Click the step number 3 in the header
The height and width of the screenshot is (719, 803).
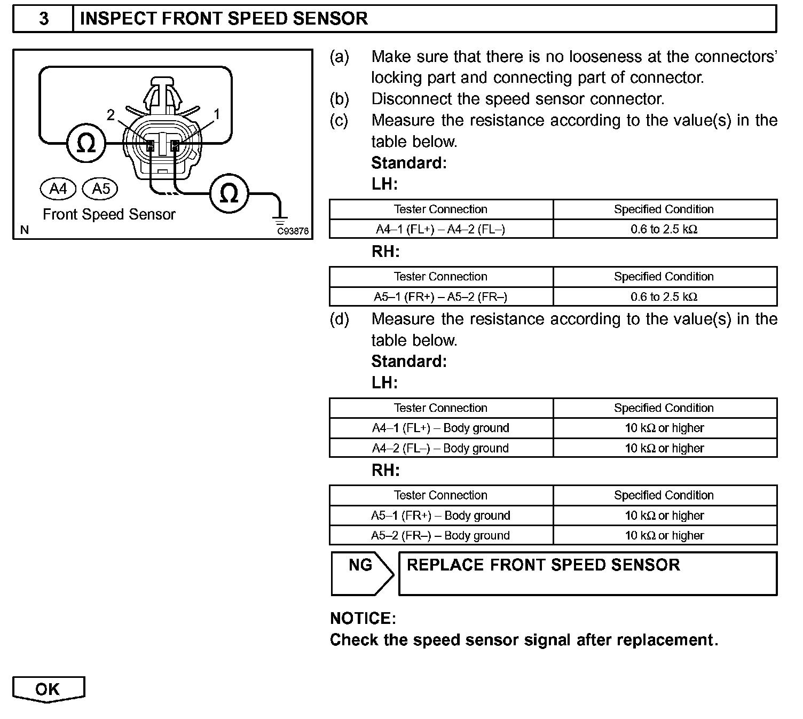click(43, 19)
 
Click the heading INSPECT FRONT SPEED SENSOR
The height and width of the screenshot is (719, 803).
click(224, 19)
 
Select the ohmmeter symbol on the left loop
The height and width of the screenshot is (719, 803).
click(86, 143)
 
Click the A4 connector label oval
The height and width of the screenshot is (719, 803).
click(58, 189)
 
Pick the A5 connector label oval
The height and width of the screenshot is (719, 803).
click(100, 189)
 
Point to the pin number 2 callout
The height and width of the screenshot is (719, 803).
click(111, 115)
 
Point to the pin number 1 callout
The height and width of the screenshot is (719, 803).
click(217, 114)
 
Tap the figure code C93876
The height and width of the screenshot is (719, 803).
click(293, 231)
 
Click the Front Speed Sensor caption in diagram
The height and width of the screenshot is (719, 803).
click(109, 215)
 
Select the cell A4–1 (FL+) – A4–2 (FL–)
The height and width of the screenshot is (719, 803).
click(440, 229)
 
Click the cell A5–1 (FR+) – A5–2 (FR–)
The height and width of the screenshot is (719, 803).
click(440, 296)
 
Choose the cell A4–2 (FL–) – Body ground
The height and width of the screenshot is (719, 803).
click(440, 448)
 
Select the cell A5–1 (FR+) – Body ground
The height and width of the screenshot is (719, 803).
click(440, 515)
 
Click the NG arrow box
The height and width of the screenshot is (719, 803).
click(361, 573)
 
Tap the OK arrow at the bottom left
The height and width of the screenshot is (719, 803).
click(48, 689)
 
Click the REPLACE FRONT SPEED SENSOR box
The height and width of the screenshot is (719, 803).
click(587, 573)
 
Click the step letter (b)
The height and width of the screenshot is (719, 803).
click(339, 99)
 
